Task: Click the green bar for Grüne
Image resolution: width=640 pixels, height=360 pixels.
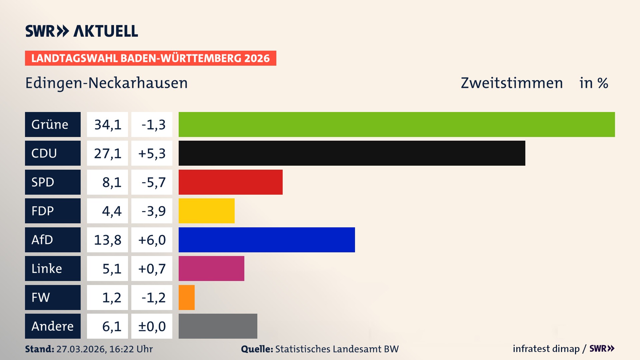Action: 397,124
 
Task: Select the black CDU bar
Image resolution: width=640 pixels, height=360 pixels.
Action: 352,153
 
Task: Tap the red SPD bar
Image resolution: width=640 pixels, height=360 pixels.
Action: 230,182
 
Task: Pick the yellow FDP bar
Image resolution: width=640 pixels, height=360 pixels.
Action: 206,211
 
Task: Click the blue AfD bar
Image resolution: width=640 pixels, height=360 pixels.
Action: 267,240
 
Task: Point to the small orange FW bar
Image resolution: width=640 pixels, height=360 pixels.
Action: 186,297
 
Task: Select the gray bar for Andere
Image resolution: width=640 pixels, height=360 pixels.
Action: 218,326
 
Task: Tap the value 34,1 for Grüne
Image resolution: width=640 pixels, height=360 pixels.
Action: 107,124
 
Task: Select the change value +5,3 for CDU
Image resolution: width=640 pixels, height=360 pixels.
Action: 152,153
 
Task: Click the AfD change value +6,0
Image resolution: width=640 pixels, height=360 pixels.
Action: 152,240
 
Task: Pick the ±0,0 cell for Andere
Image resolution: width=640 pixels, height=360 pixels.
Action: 152,326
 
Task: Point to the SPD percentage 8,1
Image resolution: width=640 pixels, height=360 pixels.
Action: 111,182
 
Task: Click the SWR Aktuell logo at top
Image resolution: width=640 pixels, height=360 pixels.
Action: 81,31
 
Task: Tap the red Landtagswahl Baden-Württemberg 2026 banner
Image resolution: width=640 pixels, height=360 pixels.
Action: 150,58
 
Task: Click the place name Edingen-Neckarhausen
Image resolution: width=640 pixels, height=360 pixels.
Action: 106,83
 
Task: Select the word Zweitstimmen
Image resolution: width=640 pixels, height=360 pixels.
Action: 512,83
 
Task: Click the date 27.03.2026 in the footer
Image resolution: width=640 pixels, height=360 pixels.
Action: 81,349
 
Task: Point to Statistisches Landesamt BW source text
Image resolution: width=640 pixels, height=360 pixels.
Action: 337,349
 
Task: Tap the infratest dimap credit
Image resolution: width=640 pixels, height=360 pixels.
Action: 546,349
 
